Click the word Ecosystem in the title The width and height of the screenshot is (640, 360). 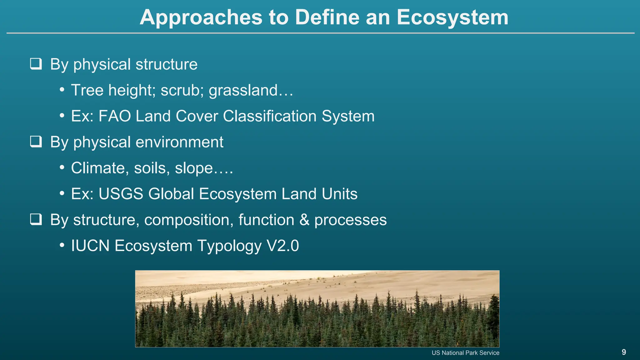(x=452, y=17)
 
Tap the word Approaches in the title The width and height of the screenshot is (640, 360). (x=201, y=17)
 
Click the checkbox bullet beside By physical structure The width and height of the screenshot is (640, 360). (x=36, y=64)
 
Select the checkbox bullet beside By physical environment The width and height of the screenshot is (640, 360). (x=36, y=142)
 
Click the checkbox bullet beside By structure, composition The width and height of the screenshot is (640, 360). (x=36, y=219)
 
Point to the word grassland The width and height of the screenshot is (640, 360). (x=243, y=90)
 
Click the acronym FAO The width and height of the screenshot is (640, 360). (x=115, y=116)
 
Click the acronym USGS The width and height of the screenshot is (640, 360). (x=121, y=194)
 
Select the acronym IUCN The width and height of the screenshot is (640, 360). (x=90, y=246)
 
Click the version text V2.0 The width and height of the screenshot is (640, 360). (x=283, y=246)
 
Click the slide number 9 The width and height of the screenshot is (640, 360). (x=624, y=352)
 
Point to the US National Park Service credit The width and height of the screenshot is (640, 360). (x=465, y=353)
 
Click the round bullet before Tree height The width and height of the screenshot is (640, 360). (x=62, y=90)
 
